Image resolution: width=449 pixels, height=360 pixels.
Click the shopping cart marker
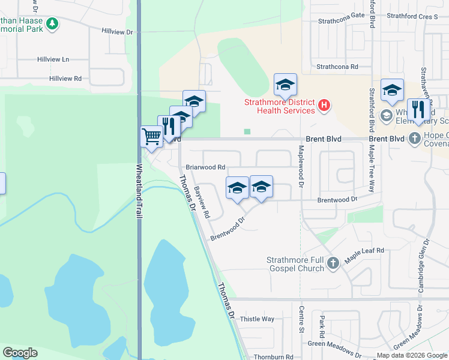click(x=151, y=136)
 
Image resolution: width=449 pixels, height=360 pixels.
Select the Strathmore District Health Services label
click(x=279, y=106)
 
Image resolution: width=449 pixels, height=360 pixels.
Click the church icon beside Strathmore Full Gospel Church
click(x=334, y=262)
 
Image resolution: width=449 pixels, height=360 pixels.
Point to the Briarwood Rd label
click(x=205, y=167)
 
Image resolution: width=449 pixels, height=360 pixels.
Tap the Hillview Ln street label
click(x=53, y=60)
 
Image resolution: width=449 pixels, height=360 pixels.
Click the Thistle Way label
click(x=257, y=319)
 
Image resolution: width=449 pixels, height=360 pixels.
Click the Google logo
click(x=20, y=353)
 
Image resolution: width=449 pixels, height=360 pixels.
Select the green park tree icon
click(x=53, y=23)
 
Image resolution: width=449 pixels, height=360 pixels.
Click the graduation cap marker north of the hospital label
click(x=285, y=85)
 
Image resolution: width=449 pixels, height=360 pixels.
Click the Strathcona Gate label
click(x=342, y=16)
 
